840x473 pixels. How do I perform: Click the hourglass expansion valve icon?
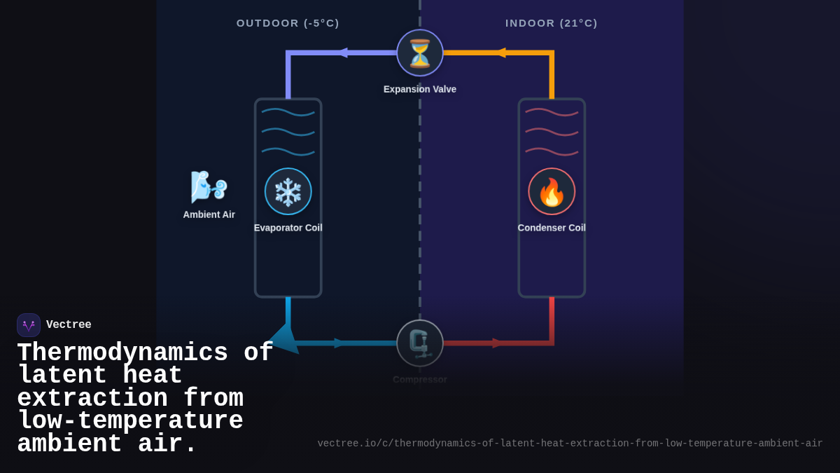420,53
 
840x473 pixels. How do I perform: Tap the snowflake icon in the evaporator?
288,191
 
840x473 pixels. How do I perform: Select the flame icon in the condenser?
552,191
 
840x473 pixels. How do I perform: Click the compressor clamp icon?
420,343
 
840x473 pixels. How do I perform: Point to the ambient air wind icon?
209,186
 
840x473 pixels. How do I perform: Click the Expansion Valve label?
420,89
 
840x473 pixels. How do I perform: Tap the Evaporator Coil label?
288,228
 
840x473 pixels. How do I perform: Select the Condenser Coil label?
552,228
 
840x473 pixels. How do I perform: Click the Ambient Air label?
209,214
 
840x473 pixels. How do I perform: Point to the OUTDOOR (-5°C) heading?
288,23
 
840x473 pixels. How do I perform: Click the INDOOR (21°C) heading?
552,23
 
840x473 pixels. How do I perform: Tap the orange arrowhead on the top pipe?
500,53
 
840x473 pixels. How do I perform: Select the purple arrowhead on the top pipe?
342,53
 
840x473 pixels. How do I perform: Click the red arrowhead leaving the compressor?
497,343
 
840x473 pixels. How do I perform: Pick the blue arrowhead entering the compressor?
339,343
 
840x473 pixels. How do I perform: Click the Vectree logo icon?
29,325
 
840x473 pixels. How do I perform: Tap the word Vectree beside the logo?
69,325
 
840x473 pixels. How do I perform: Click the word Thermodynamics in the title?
122,353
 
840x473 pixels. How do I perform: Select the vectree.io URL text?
570,444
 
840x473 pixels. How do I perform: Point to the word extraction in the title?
92,399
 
